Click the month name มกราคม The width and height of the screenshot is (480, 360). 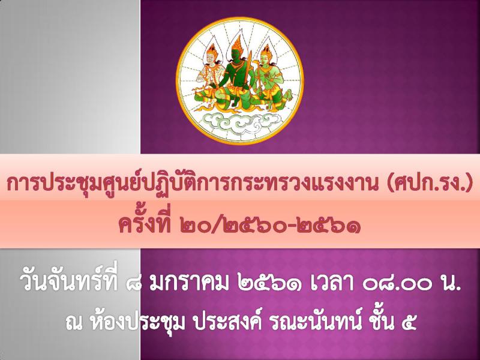click(189, 283)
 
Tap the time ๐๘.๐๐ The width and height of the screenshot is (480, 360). click(394, 284)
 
